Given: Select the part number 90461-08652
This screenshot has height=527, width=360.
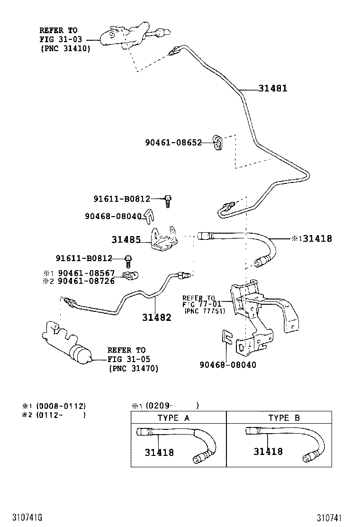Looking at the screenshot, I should (173, 143).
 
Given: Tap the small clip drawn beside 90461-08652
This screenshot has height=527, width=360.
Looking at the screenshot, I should (218, 143).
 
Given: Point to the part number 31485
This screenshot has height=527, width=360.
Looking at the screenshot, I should (126, 240).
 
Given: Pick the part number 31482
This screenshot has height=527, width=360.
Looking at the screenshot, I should (157, 318).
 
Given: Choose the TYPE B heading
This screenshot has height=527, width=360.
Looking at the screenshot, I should (284, 418).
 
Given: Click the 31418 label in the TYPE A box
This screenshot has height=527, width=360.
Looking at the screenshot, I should (159, 453).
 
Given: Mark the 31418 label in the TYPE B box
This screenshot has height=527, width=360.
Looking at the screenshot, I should (268, 452).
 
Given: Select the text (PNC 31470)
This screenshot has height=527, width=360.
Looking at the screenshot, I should (133, 368).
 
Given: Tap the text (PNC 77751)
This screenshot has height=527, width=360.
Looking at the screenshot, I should (205, 311).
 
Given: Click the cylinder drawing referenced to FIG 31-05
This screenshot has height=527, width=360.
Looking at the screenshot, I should (67, 344).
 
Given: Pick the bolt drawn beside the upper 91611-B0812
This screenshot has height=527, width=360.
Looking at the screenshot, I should (168, 200).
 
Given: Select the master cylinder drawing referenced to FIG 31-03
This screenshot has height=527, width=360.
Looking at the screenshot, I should (123, 38).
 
